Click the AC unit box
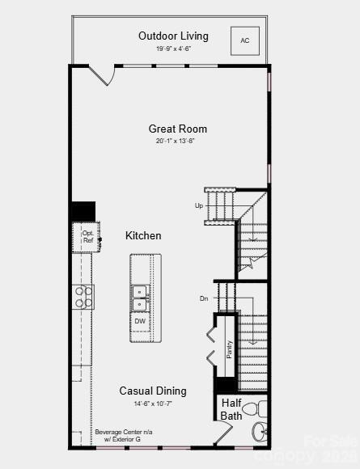pyautogui.click(x=245, y=40)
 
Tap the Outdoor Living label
pyautogui.click(x=173, y=36)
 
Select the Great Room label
pyautogui.click(x=177, y=129)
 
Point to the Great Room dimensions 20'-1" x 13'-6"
pyautogui.click(x=176, y=141)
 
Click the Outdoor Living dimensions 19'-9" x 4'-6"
pyautogui.click(x=173, y=49)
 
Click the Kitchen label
pyautogui.click(x=143, y=235)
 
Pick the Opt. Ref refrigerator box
pyautogui.click(x=87, y=236)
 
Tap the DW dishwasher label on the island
pyautogui.click(x=140, y=321)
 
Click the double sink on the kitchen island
pyautogui.click(x=140, y=298)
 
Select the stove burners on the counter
pyautogui.click(x=83, y=297)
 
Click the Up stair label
pyautogui.click(x=199, y=205)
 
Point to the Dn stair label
pyautogui.click(x=204, y=298)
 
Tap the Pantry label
pyautogui.click(x=229, y=349)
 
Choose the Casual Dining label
pyautogui.click(x=153, y=391)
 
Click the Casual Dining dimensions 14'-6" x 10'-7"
pyautogui.click(x=153, y=403)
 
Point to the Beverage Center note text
pyautogui.click(x=123, y=435)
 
